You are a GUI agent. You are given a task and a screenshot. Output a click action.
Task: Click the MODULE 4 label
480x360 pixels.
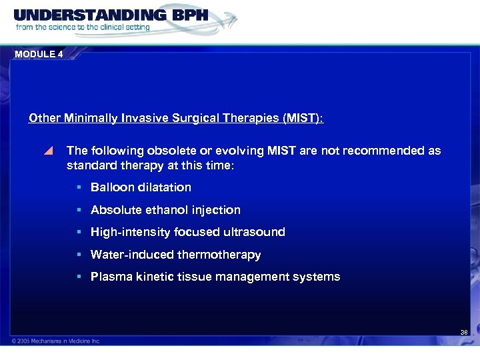[x=39, y=55]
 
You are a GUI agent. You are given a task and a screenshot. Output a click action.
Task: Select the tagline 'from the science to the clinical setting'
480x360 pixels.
[x=82, y=28]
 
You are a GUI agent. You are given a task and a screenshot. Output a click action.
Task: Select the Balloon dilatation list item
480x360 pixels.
[x=141, y=187]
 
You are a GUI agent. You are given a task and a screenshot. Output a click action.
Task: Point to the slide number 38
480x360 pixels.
[x=464, y=332]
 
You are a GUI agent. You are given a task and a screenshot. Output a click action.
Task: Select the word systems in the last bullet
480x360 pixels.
[x=317, y=277]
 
